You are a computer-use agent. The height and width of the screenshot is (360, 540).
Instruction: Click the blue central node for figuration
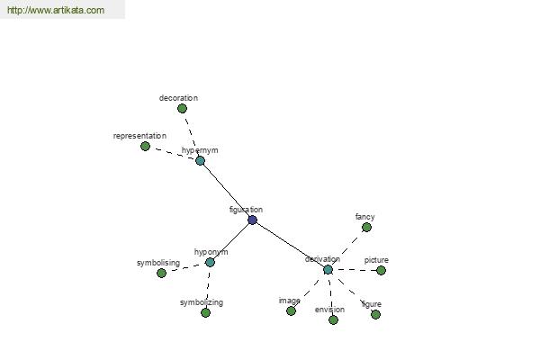coord(253,220)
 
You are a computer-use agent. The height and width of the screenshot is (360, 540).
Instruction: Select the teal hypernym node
coord(201,160)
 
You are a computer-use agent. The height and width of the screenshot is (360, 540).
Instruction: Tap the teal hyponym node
coord(210,262)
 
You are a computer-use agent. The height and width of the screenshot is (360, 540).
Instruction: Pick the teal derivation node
coord(328,269)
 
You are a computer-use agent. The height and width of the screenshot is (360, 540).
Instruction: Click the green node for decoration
coord(182,108)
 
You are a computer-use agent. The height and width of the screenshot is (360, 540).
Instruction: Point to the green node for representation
coord(145,146)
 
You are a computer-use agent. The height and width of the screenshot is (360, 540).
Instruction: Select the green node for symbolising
coord(161,273)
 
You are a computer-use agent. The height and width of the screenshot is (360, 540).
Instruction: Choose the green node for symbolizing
coord(205,312)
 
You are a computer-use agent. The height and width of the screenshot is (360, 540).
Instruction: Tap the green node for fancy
coord(366,227)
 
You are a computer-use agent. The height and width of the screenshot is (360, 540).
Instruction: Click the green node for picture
coord(381,270)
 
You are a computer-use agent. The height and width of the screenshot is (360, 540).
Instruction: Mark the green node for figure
coord(375,314)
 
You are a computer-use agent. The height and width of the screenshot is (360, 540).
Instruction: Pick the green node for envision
coord(333,319)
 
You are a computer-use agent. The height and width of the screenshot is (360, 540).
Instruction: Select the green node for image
coord(291,310)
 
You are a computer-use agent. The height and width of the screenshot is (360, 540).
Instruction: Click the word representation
coord(139,136)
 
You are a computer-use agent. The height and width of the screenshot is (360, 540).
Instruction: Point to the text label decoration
coord(178,97)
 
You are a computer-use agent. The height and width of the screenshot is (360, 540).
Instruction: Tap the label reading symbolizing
coord(201,302)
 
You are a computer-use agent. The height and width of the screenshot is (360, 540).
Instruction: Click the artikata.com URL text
coord(55,11)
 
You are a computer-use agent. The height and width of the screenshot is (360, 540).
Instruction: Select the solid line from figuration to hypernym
coord(227,190)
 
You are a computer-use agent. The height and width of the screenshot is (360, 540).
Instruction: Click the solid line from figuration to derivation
coord(290,244)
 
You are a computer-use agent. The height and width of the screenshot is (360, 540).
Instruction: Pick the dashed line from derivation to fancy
coord(347,247)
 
